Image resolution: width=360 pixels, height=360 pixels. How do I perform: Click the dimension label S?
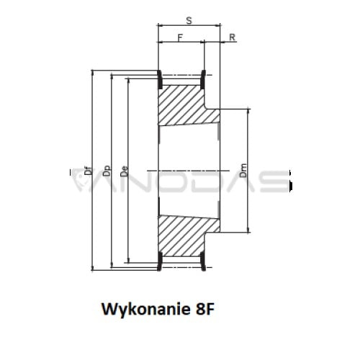pos(189,21)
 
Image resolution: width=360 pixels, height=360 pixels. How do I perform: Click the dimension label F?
pos(180,37)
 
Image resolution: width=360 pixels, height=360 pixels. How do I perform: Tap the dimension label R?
pos(232,37)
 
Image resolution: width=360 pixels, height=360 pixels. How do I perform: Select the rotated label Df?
pos(89,170)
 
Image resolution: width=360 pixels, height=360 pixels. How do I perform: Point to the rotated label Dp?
pos(107,171)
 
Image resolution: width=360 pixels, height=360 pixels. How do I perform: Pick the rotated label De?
pos(125,171)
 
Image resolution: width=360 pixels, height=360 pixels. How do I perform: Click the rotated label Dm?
pos(243,171)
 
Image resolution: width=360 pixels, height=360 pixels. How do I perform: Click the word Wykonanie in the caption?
pos(146,309)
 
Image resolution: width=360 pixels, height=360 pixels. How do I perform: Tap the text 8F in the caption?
pos(204,309)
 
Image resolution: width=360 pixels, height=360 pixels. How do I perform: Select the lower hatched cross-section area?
pos(185,235)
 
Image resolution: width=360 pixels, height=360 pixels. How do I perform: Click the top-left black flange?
pos(159,79)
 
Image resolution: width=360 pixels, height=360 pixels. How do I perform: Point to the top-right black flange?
pos(203,79)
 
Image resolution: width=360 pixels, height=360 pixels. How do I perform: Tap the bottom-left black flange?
pos(159,261)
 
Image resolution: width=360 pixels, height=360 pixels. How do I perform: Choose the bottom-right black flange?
pos(203,261)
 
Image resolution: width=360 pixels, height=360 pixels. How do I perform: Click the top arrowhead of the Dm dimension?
pos(248,112)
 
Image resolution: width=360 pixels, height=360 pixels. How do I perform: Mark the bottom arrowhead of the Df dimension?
pos(92,267)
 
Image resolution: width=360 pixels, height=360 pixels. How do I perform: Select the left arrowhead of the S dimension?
pos(161,24)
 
